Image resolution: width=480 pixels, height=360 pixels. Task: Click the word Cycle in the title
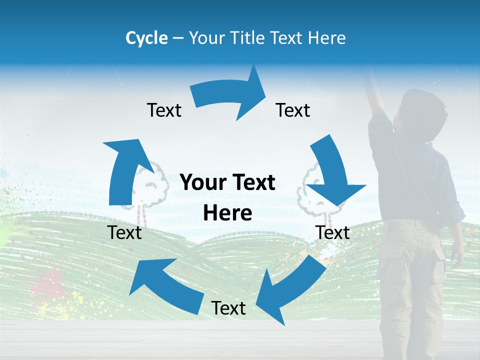146,38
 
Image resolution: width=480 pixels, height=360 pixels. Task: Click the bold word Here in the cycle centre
227,213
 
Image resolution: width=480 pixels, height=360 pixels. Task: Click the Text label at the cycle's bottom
228,308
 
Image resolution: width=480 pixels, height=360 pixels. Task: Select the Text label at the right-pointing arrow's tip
293,110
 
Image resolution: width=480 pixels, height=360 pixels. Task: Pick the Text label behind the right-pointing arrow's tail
164,110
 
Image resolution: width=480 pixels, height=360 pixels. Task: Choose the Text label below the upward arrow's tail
125,232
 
